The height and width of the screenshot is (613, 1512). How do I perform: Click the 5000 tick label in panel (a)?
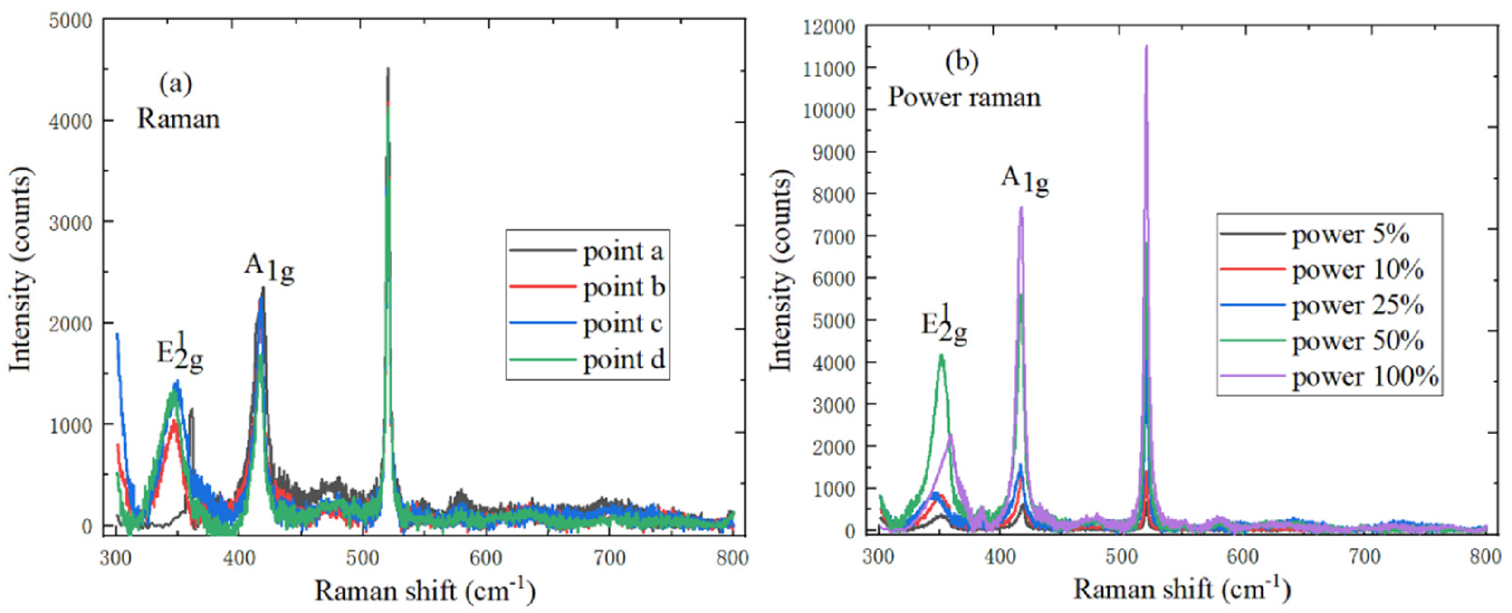pos(70,21)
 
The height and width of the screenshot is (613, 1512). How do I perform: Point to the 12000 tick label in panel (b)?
pos(829,27)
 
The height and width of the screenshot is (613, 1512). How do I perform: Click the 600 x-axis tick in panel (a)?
pos(486,557)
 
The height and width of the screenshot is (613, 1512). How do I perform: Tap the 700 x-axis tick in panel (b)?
pos(1364,556)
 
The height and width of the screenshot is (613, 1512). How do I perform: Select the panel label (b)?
pos(961,62)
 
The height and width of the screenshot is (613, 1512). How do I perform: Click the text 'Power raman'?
pos(963,97)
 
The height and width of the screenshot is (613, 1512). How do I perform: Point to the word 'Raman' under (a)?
pos(179,119)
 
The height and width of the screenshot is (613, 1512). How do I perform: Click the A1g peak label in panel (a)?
pos(268,268)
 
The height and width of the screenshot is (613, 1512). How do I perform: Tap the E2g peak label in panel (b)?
pos(943,326)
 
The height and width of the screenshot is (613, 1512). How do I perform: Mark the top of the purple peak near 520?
pos(1146,46)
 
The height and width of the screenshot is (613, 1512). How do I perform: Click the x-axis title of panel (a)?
pos(424,590)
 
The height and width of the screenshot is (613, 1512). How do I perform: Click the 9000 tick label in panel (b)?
pos(833,152)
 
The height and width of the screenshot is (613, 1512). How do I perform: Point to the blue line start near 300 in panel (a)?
pos(117,334)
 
